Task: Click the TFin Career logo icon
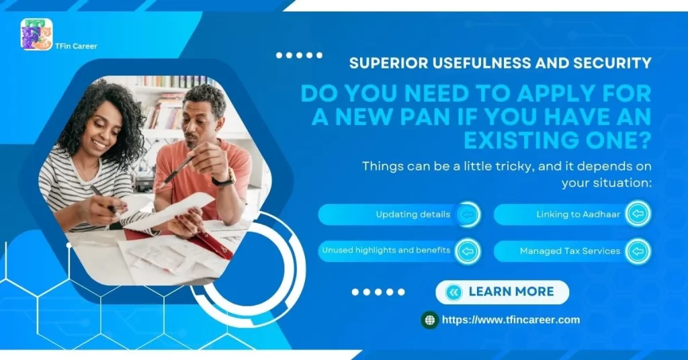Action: tap(36, 34)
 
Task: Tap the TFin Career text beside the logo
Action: tap(76, 46)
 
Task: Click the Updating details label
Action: tap(413, 215)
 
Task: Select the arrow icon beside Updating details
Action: tap(468, 215)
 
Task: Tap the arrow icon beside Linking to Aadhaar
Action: tap(638, 215)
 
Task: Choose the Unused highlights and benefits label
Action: tap(386, 251)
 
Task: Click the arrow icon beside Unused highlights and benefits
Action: tap(468, 251)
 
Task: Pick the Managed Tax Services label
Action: tap(570, 251)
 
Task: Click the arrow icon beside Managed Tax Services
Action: tap(638, 251)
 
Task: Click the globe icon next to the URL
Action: tap(430, 320)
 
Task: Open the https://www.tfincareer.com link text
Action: tap(511, 320)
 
